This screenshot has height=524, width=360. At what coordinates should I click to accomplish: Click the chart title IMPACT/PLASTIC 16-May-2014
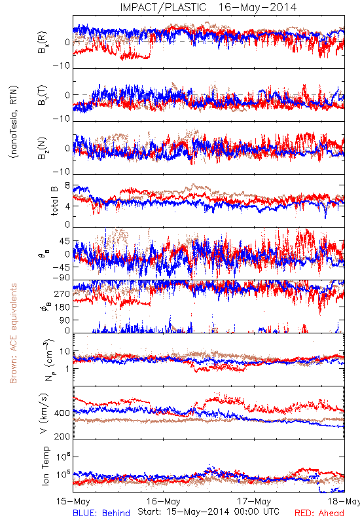pos(208,7)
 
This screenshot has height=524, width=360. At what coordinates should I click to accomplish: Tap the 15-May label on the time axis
pos(73,501)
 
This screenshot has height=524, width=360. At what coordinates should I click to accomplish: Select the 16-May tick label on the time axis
pos(163,501)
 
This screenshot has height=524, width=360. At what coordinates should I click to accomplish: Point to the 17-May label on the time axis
pos(254,501)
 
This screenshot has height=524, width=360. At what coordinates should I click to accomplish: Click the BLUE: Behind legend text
pos(101,513)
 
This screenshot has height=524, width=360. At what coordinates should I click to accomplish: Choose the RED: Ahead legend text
pos(319,513)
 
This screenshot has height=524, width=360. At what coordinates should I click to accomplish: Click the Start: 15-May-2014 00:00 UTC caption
pos(208,512)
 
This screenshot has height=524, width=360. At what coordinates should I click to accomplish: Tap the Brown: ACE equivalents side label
pos(13,333)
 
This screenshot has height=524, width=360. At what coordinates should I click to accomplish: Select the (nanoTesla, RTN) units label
pos(14,121)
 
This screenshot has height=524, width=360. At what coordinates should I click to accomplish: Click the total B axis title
pos(54,201)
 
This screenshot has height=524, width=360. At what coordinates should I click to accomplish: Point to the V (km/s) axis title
pos(44,413)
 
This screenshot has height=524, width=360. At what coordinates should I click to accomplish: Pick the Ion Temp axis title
pos(45,466)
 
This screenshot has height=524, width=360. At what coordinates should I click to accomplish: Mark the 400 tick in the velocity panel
pos(62,413)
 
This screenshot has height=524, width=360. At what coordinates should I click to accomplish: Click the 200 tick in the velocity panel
pos(62,436)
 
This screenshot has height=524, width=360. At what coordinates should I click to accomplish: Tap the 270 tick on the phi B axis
pos(62,293)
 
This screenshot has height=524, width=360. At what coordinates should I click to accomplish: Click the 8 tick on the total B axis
pos(67,185)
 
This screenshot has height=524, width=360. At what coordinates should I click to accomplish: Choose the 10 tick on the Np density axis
pos(65,351)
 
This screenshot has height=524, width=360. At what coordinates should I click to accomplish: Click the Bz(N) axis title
pos(43,148)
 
